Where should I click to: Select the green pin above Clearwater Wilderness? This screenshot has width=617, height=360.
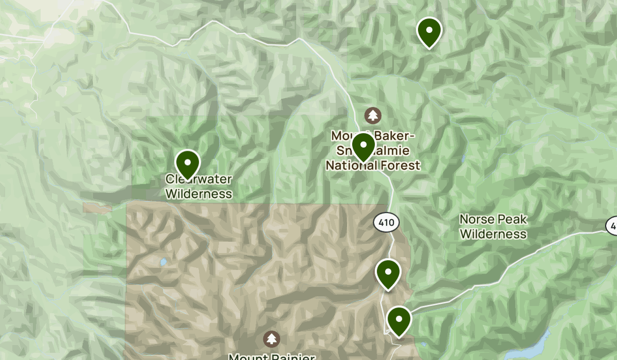click(188, 163)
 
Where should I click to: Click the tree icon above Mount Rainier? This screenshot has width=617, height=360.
click(271, 339)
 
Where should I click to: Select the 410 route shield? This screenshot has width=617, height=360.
click(386, 223)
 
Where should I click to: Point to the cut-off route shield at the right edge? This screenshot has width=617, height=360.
click(612, 225)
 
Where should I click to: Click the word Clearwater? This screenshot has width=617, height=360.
click(198, 179)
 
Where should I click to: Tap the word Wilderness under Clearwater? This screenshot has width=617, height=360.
click(198, 194)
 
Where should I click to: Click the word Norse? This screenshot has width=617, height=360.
click(477, 220)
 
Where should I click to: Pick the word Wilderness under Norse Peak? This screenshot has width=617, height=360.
click(493, 234)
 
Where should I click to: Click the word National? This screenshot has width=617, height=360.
click(355, 165)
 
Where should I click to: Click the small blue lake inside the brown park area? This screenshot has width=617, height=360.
click(162, 262)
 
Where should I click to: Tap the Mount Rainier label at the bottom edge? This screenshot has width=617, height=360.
click(271, 356)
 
